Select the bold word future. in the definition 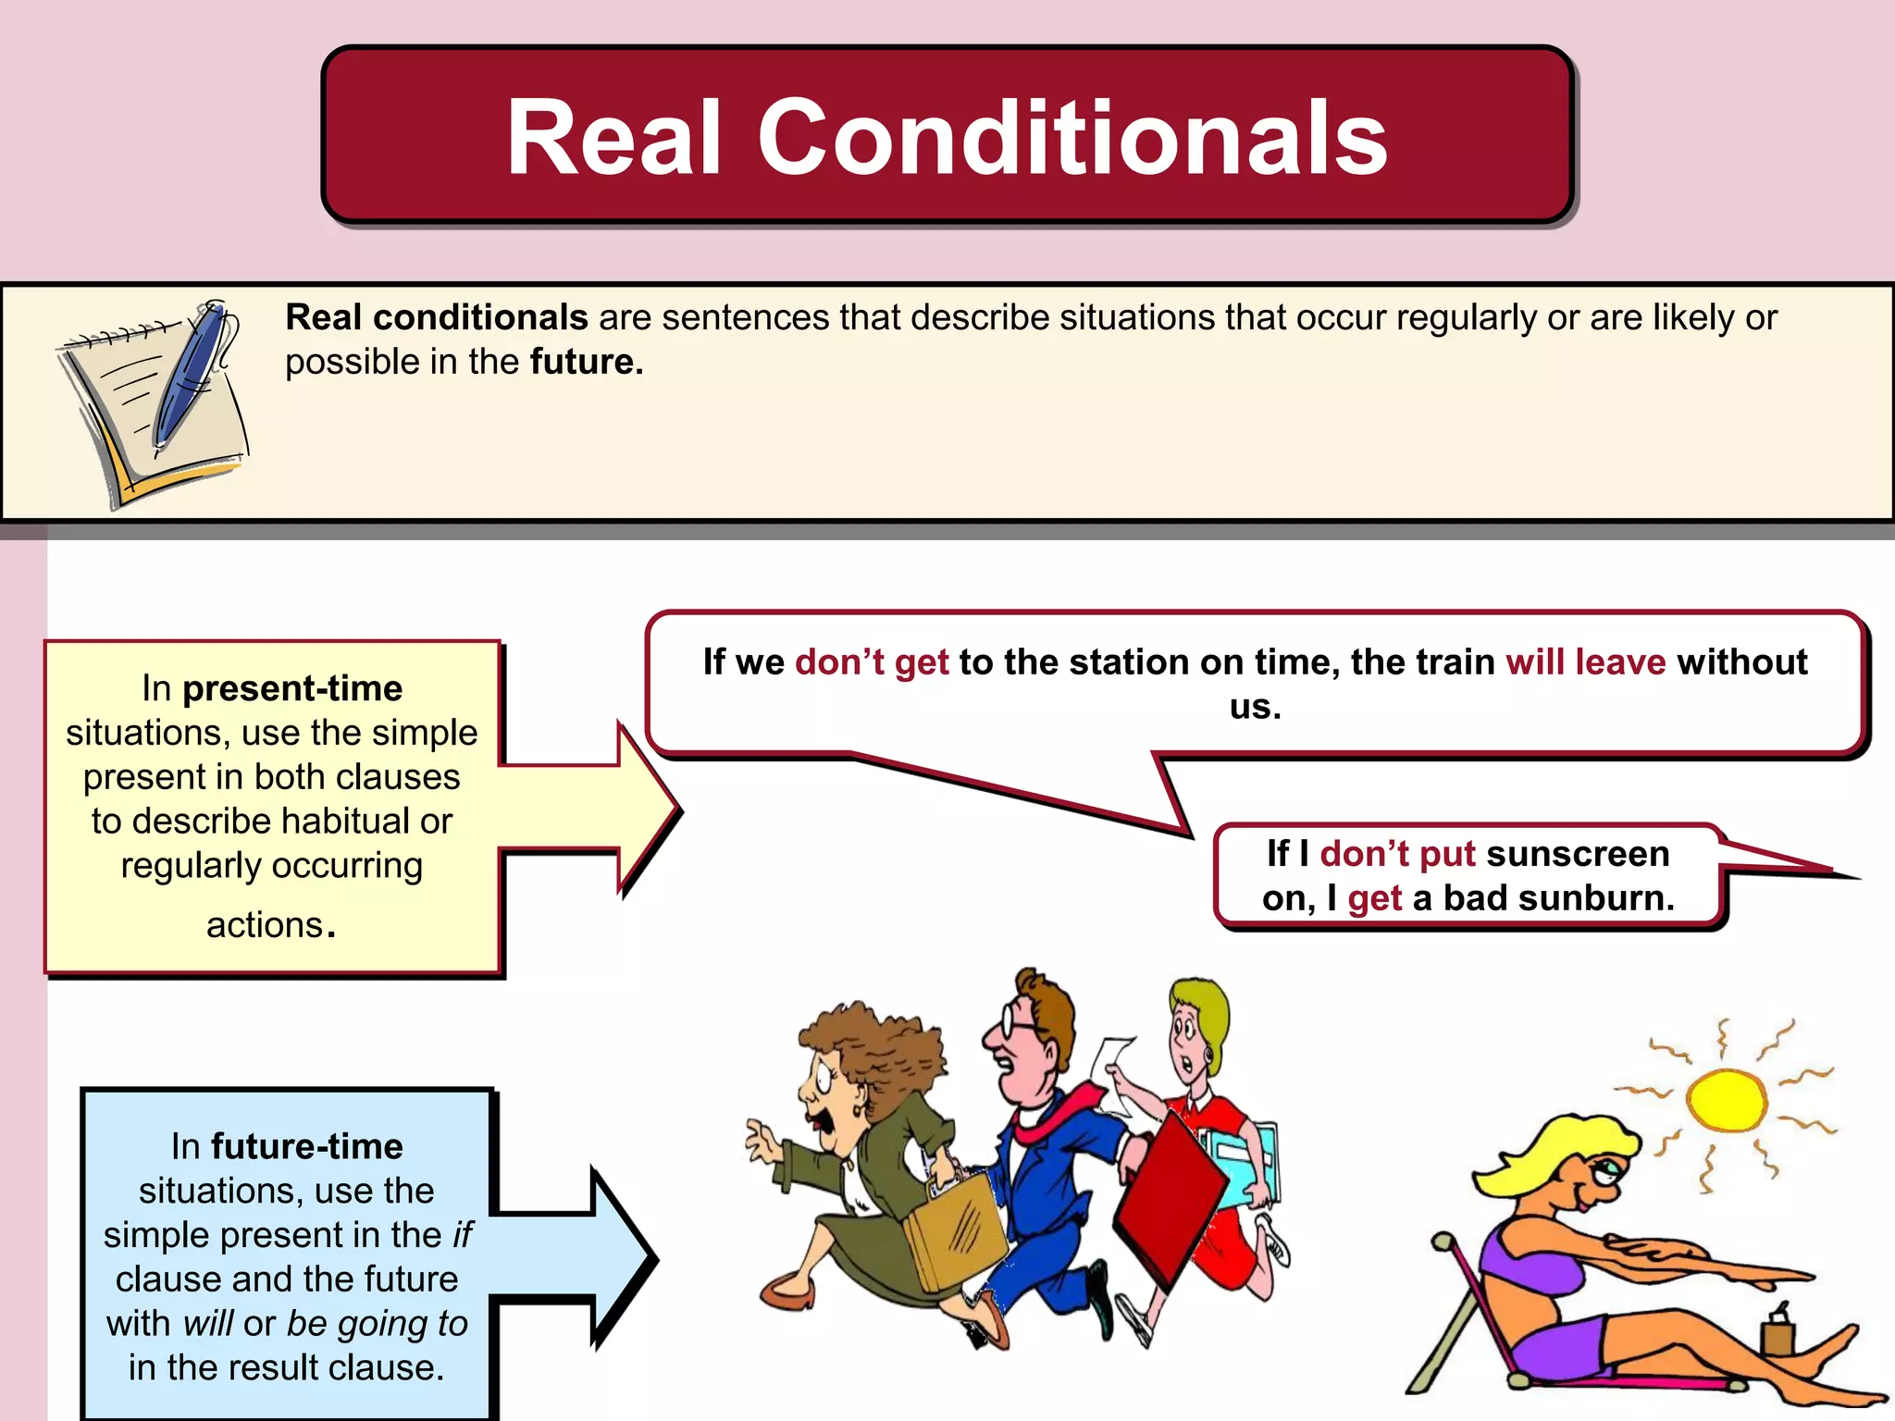586,362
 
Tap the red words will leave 1585,662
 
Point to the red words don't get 872,662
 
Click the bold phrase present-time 292,688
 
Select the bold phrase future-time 307,1146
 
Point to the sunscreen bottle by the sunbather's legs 1777,1331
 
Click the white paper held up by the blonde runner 1114,1073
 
